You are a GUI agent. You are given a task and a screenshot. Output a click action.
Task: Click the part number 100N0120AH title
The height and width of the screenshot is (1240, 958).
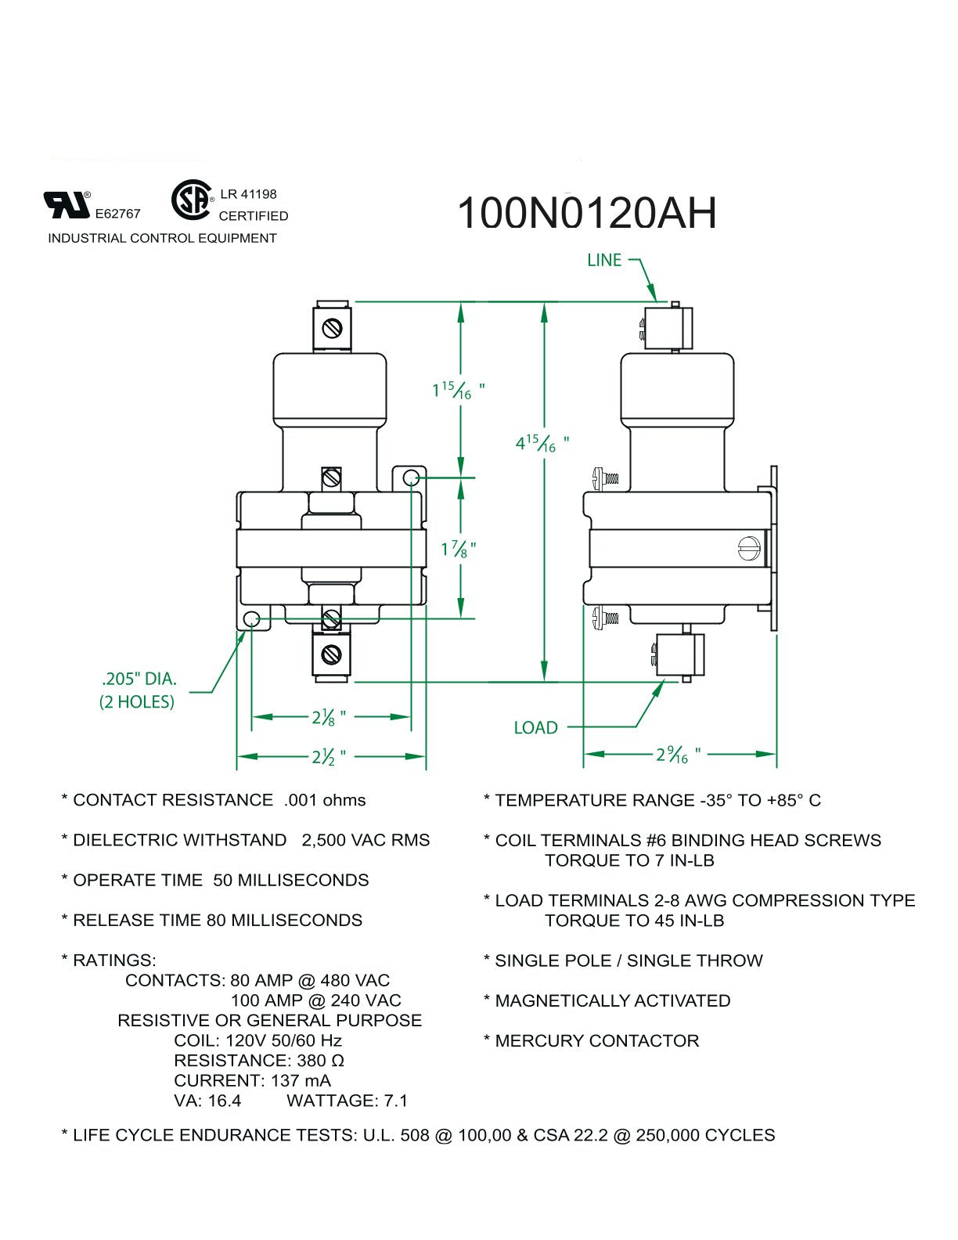tap(586, 213)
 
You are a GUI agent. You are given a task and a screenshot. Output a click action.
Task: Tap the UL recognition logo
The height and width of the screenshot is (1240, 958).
tap(67, 204)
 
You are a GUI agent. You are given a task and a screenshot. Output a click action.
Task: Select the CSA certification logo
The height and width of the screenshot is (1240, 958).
tap(193, 200)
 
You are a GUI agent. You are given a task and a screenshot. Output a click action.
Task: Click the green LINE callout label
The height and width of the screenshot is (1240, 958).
tap(603, 260)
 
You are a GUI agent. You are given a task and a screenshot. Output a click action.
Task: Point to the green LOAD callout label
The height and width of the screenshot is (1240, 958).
tap(535, 727)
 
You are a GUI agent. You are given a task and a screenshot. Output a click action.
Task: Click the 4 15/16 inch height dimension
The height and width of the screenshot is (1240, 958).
tap(542, 442)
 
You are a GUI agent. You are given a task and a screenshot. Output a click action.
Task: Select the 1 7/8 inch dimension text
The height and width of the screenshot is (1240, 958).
tap(458, 549)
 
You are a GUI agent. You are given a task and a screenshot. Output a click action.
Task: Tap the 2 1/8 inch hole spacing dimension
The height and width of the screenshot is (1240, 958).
tap(329, 717)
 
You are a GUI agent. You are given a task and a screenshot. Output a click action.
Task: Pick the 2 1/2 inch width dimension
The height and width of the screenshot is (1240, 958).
tap(329, 757)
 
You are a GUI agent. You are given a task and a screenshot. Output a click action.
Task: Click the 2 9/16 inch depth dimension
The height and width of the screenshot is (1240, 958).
tap(678, 755)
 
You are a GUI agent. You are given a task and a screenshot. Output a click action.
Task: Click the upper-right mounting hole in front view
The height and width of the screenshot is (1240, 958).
tap(412, 478)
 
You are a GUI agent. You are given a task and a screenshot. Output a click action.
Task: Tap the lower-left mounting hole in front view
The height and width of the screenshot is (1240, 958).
tap(251, 619)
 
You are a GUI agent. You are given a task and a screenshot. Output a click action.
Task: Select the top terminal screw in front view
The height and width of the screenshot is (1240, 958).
tap(332, 328)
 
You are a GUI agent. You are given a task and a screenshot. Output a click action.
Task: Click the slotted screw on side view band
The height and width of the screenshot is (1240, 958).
tap(749, 549)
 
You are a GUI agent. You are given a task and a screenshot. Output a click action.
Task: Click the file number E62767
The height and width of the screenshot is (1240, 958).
tap(117, 214)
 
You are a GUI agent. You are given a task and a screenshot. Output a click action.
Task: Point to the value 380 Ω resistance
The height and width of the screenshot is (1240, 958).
tap(321, 1061)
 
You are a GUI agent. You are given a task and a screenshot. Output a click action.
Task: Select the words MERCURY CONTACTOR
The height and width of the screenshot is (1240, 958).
tap(597, 1041)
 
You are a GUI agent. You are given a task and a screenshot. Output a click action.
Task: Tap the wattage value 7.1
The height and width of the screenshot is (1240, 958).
tap(396, 1101)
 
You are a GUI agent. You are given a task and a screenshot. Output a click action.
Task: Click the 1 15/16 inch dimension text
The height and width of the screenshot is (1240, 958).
tap(458, 391)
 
